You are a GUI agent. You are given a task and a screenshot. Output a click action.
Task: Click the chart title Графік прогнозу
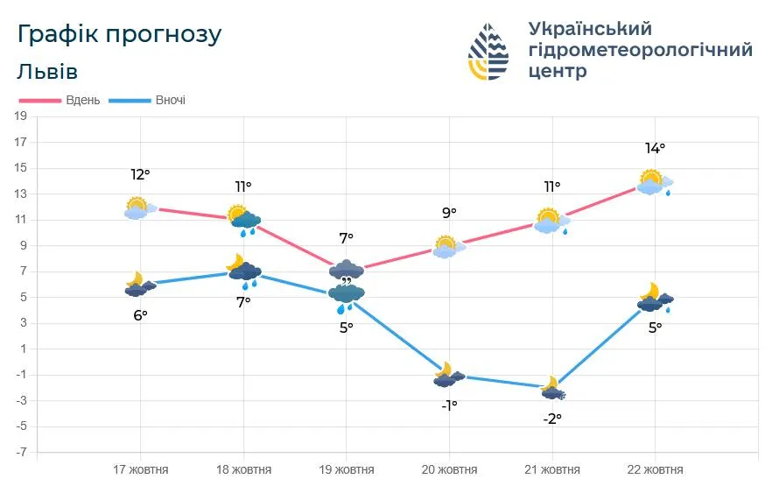pos(119,34)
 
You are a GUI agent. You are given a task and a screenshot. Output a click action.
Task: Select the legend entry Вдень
pos(83,100)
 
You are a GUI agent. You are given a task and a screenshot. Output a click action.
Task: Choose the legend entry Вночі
pos(170,100)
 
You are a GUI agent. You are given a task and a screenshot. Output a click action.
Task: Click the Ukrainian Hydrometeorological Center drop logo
pos(488,52)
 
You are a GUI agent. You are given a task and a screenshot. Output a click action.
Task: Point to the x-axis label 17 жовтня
pos(141,470)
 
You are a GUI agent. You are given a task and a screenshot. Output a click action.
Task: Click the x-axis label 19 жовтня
pos(346,470)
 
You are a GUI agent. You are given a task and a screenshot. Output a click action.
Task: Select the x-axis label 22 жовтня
pos(655,470)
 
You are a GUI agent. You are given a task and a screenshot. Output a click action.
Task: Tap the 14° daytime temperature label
pos(655,149)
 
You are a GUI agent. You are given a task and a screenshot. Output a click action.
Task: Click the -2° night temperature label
pos(551,419)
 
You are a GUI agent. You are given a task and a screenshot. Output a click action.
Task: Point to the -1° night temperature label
pos(448,405)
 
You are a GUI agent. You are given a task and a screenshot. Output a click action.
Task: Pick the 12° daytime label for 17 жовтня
pos(140,175)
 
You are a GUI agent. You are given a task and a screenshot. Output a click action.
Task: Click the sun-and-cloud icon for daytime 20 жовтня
pos(448,247)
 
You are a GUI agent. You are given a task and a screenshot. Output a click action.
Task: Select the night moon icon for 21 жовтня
pos(552,388)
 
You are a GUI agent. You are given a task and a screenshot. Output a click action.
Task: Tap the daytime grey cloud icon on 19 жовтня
pos(347,270)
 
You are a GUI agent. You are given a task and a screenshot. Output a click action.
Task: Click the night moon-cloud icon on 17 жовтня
pos(139,285)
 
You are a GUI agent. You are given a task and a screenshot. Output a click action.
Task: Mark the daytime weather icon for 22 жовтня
pos(655,182)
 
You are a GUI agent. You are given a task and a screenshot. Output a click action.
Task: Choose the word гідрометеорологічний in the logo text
pos(640,50)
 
